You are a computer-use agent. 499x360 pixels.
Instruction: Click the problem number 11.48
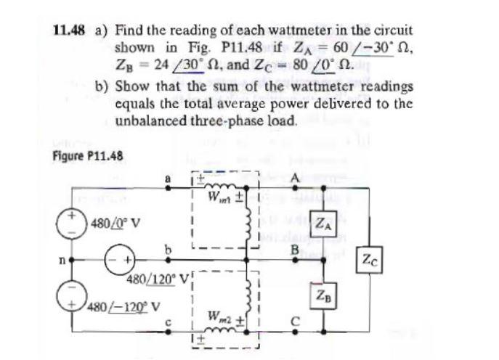[x=68, y=31]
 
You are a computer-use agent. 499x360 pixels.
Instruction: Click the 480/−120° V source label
[x=121, y=303]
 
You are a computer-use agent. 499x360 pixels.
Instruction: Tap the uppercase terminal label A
[x=295, y=179]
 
